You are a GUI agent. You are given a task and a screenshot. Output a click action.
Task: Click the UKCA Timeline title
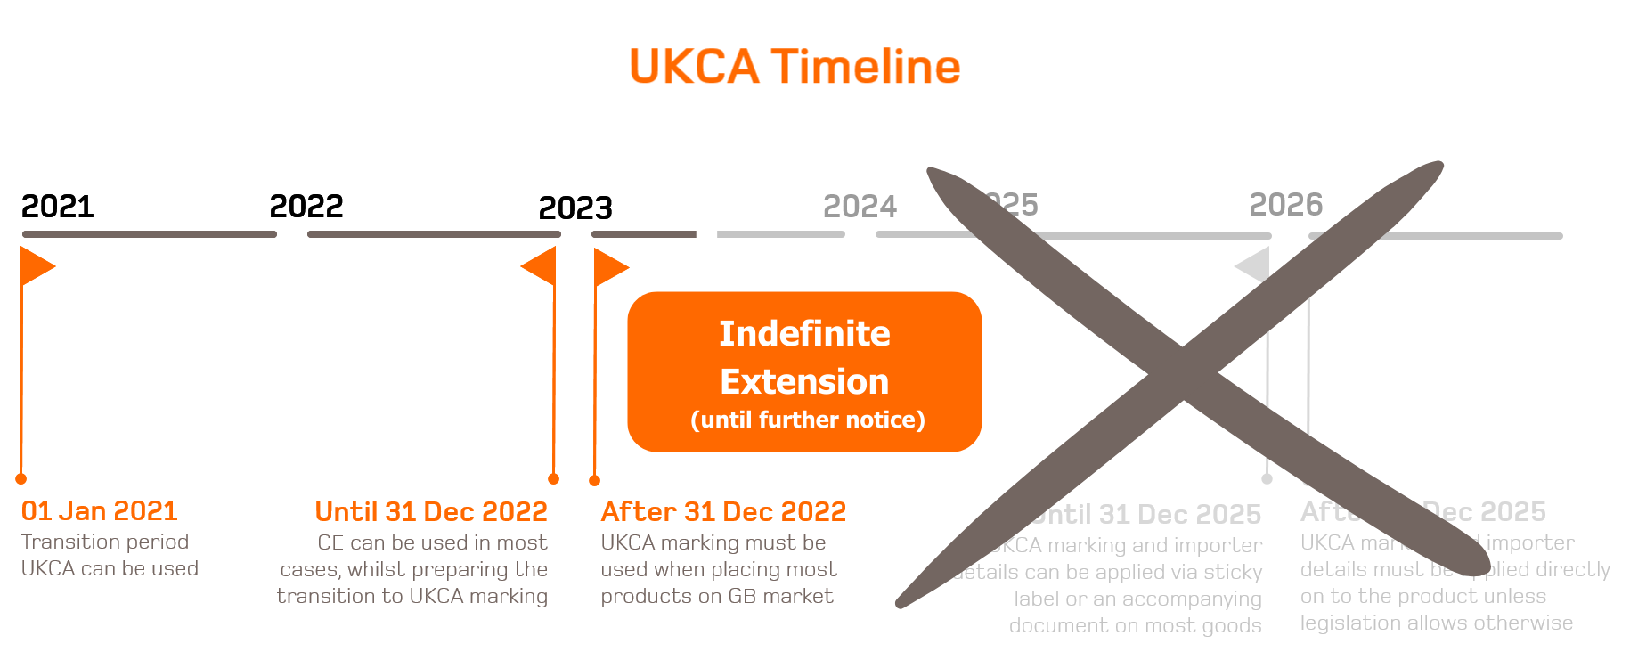coord(795,67)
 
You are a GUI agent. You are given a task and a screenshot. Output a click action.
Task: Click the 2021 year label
coord(58,207)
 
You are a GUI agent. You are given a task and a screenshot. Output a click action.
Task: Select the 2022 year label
coord(306,207)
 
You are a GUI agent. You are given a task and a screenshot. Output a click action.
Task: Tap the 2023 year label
coord(575,208)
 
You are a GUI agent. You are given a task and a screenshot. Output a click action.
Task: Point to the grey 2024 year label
coord(860,207)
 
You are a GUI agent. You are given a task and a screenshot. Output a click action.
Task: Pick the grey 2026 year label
coord(1285,205)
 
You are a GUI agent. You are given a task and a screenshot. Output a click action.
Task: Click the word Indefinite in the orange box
coord(804,334)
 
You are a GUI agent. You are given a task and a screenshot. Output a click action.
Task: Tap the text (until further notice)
coord(807,420)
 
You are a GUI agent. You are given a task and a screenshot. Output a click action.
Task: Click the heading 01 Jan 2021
coord(100,510)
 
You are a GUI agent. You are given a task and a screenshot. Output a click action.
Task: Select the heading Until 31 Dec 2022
coord(431,511)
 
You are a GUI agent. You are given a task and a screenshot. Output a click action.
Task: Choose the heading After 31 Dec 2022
coord(723,511)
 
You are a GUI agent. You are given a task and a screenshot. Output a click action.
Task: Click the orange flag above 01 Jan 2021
coord(37,266)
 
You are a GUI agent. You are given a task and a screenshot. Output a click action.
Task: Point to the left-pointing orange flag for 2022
coord(540,266)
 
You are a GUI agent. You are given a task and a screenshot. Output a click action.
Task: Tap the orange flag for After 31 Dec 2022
coord(610,267)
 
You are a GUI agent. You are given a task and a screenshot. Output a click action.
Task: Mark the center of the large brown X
coord(1185,379)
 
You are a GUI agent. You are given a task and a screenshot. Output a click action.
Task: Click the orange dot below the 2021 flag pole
coord(21,478)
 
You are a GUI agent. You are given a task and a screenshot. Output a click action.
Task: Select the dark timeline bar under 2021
coord(150,234)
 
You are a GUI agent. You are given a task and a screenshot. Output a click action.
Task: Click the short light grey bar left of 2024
coord(780,234)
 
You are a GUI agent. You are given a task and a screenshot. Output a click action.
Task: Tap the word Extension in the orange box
coord(804,381)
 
